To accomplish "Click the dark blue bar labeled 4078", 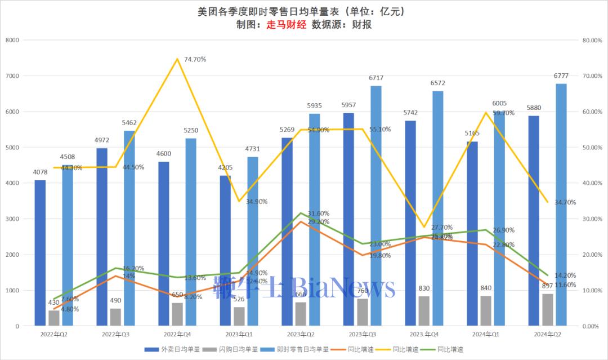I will [x=40, y=253].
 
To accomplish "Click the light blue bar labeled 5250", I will [x=191, y=232].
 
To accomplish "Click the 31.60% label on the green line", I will [x=318, y=214].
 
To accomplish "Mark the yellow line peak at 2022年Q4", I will [x=177, y=59].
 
